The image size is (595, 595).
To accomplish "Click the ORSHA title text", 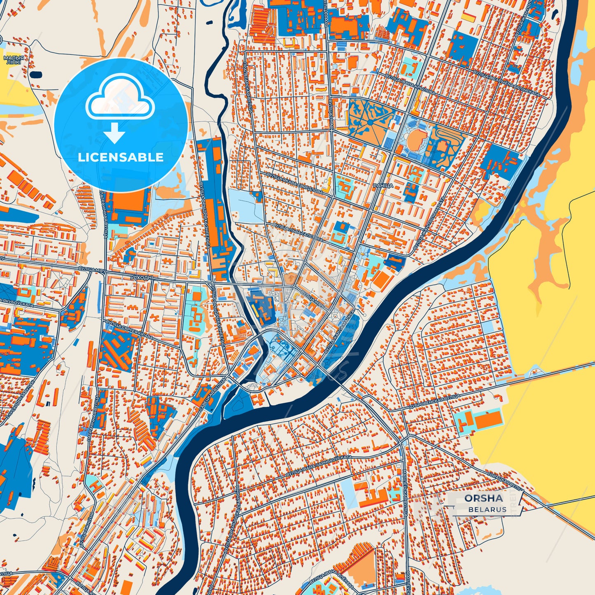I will (x=483, y=498).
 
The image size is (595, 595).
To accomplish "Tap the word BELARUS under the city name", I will (x=487, y=509).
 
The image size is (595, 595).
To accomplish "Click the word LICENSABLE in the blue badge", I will (x=121, y=157).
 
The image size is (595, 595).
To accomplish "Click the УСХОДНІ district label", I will (x=141, y=278).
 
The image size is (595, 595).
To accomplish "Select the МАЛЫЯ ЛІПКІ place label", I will (x=14, y=61).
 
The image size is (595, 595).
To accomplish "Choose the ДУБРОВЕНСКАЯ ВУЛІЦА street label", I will (x=434, y=401).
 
